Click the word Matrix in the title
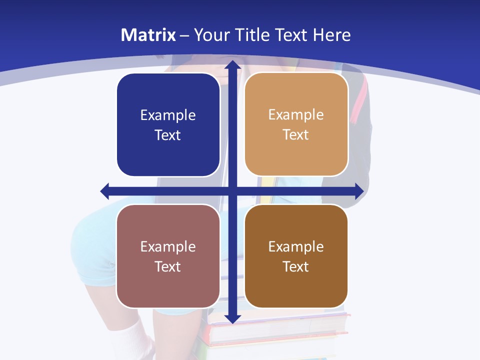(148, 35)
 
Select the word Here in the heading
(332, 35)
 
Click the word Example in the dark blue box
(168, 115)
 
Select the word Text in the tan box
(296, 135)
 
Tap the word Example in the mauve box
(168, 246)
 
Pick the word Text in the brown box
(296, 266)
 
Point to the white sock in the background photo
(131, 340)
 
